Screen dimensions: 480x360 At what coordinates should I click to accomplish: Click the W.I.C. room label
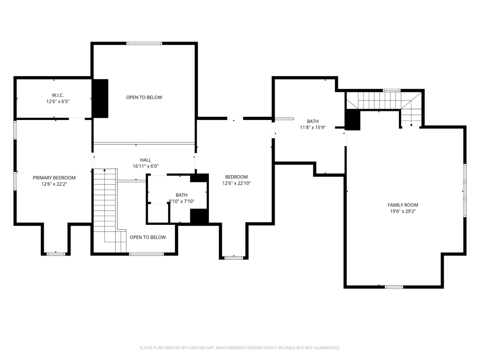(58, 95)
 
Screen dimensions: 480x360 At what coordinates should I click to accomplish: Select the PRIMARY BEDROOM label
(54, 178)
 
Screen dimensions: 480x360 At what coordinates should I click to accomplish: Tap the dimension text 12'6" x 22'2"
(54, 184)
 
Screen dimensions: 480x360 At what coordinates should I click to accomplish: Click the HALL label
(146, 160)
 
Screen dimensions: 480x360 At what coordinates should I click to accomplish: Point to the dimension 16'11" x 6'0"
(146, 166)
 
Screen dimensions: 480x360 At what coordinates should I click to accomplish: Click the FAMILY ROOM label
(403, 205)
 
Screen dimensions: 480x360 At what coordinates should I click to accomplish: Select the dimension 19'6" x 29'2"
(403, 211)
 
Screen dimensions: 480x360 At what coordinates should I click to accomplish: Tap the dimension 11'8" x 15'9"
(312, 127)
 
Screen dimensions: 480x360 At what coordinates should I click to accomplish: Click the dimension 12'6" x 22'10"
(237, 183)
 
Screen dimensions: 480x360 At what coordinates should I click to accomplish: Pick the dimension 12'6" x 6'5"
(58, 101)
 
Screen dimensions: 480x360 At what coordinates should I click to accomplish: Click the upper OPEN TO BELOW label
(144, 97)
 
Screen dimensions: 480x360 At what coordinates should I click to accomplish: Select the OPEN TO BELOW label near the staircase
(148, 237)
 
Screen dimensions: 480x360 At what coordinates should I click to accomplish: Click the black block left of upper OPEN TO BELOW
(101, 99)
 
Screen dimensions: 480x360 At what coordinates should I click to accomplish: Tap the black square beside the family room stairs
(353, 120)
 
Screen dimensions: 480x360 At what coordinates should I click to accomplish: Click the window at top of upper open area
(144, 43)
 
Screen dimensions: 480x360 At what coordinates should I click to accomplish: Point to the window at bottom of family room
(394, 287)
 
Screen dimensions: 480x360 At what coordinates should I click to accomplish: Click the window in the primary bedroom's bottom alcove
(56, 254)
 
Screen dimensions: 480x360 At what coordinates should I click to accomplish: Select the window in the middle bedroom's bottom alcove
(234, 258)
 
